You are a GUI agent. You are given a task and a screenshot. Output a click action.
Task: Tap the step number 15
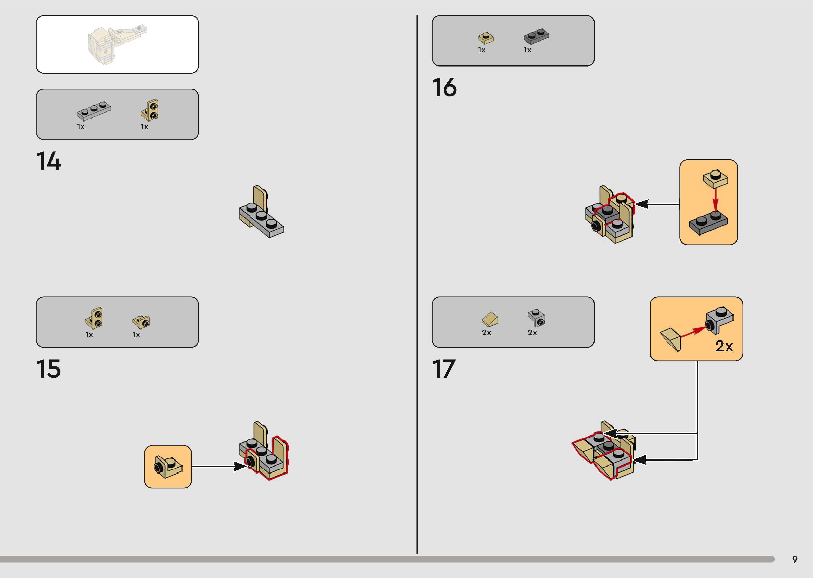pos(48,369)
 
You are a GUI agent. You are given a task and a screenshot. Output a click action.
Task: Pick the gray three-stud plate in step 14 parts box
pos(94,111)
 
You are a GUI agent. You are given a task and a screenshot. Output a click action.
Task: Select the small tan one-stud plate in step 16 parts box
pos(485,38)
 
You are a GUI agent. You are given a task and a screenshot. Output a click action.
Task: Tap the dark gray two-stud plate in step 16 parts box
pos(536,36)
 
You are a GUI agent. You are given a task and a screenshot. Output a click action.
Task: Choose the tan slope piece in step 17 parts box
pos(490,319)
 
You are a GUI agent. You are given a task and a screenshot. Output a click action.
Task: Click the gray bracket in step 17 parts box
pos(536,317)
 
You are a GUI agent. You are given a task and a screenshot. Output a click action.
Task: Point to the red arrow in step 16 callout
pos(715,200)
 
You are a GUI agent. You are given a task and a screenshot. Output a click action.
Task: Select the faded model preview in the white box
pos(117,44)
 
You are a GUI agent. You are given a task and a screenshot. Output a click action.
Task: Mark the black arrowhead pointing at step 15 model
pos(239,466)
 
